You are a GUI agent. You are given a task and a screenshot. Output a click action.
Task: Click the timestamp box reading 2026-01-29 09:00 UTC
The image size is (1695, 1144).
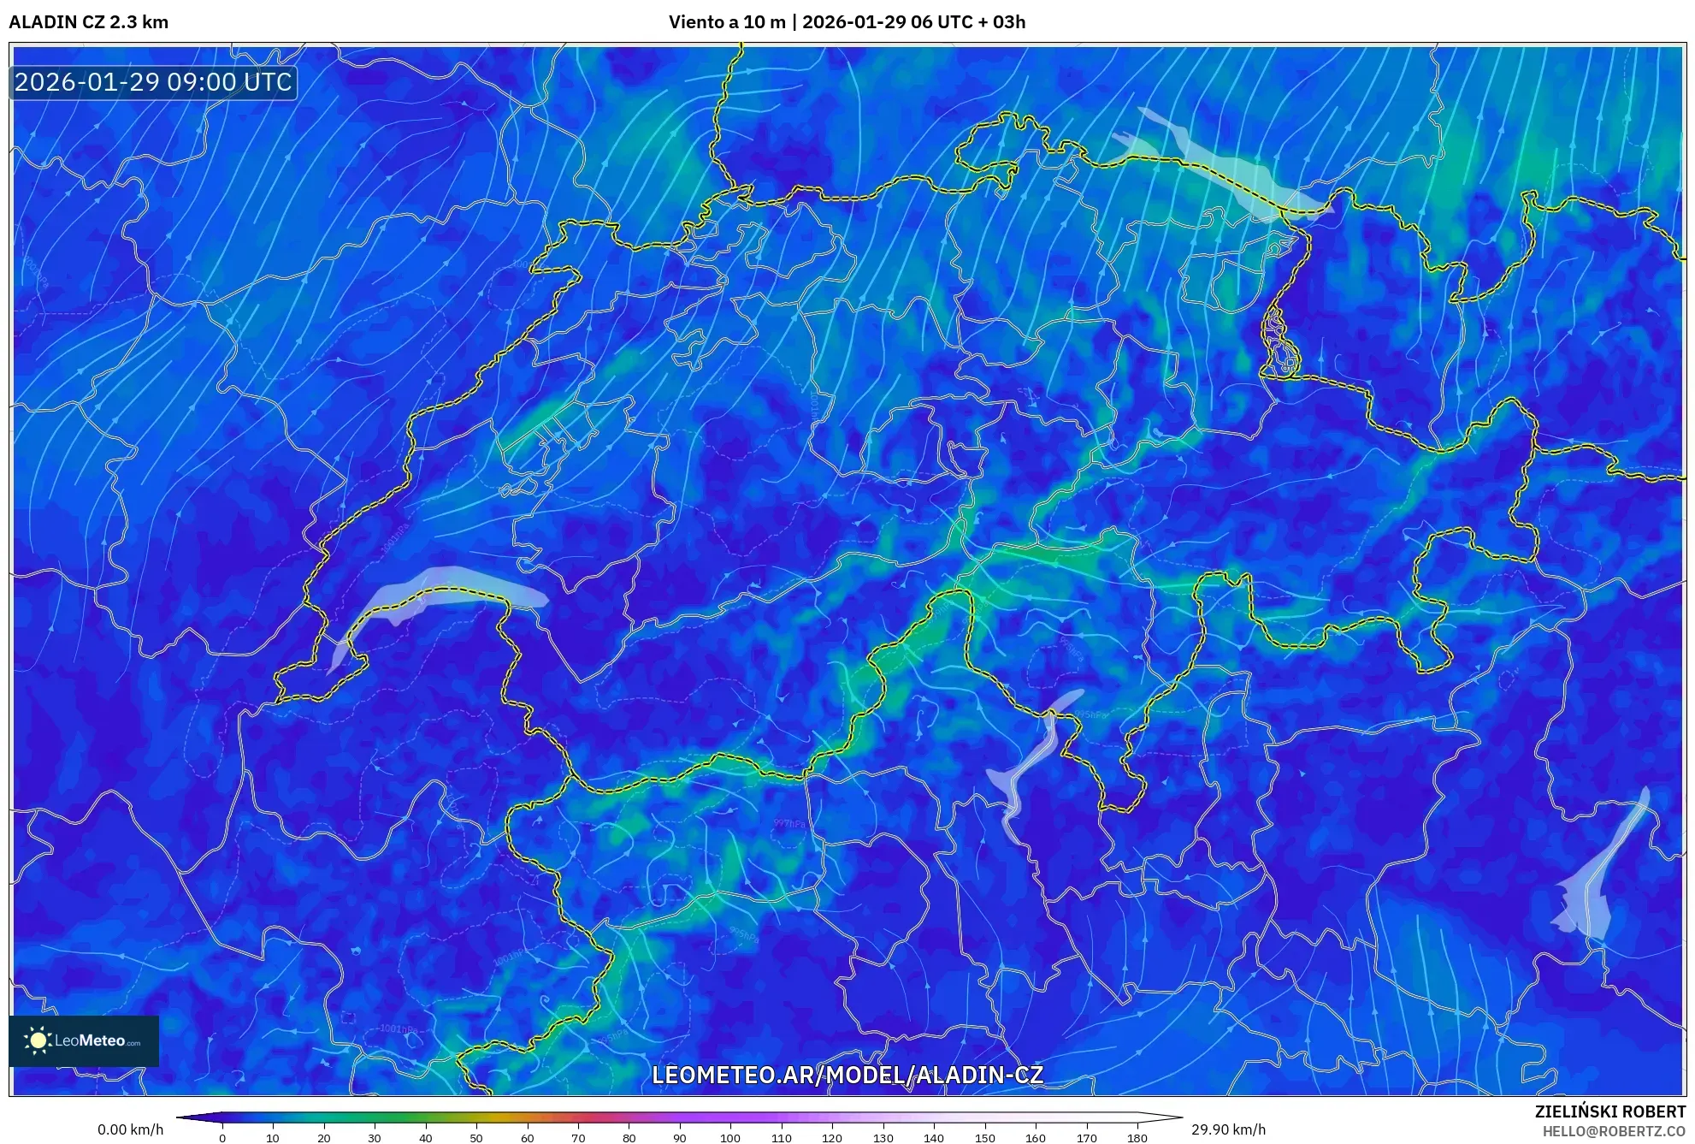click(153, 82)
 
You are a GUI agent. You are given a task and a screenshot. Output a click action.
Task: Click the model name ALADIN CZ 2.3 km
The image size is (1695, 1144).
click(89, 22)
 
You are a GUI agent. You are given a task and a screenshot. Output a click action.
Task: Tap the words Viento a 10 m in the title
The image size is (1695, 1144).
click(726, 22)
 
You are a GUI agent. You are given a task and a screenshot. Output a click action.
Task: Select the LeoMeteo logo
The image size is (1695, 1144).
click(84, 1040)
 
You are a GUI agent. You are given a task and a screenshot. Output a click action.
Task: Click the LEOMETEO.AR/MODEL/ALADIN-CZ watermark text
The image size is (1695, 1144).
click(847, 1075)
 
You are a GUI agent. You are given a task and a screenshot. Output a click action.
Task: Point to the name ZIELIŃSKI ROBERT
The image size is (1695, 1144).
click(1609, 1111)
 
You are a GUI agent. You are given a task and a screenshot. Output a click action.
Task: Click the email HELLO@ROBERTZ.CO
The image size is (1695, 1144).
click(1614, 1131)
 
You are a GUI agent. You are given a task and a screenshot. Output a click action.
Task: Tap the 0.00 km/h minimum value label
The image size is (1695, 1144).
click(130, 1129)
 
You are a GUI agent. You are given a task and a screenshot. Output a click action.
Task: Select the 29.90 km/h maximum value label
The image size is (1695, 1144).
click(1228, 1129)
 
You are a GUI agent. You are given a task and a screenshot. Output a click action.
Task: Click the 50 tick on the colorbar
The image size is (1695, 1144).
click(476, 1138)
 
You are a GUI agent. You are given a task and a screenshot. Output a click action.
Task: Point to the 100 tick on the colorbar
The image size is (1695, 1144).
click(730, 1138)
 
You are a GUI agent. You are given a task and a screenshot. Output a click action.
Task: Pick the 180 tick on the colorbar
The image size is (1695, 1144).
click(1137, 1138)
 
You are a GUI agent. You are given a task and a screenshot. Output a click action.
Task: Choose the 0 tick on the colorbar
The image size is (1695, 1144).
click(222, 1138)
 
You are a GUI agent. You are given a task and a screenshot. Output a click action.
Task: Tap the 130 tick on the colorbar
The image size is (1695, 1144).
click(883, 1138)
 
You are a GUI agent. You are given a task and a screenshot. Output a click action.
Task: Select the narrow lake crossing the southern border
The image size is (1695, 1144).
click(1031, 762)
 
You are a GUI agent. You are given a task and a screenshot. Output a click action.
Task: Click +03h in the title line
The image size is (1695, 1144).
click(1001, 22)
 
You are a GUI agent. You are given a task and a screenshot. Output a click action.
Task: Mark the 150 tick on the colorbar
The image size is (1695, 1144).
click(984, 1138)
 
